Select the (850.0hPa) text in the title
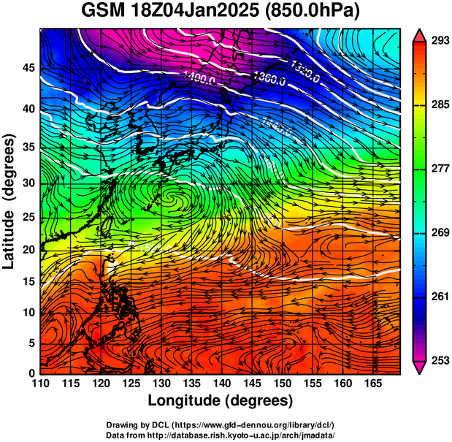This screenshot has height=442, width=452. coord(315,12)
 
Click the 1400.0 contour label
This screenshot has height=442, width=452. coord(199,80)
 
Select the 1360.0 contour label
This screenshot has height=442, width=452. coord(269,77)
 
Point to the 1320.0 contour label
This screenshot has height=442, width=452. coord(305,64)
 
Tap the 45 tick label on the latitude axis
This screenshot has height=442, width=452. coord(30,68)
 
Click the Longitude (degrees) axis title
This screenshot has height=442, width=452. coord(221,400)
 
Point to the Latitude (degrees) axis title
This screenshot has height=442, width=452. coord(10,201)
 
